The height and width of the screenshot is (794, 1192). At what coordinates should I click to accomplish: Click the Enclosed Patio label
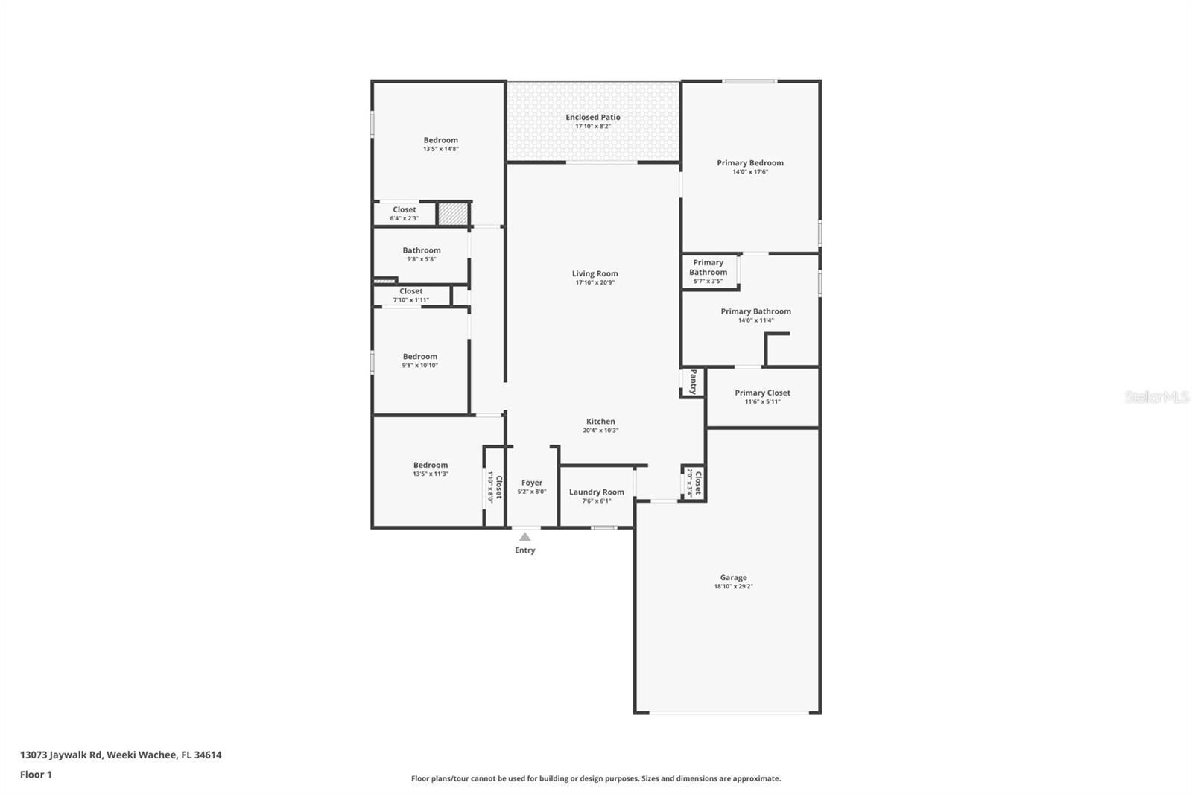click(x=592, y=118)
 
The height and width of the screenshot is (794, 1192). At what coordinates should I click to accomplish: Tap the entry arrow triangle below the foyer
click(x=525, y=537)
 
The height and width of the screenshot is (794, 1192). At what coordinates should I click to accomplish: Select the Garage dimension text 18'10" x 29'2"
click(x=733, y=587)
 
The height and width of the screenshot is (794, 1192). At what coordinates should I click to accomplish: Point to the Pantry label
click(x=693, y=381)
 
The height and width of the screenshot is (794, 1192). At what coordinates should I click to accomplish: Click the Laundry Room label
click(x=596, y=492)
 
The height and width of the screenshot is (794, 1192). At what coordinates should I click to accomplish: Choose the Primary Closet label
click(x=762, y=393)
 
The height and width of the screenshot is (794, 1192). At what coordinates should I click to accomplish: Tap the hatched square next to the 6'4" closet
click(x=452, y=214)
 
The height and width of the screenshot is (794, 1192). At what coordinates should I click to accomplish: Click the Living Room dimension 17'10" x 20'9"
click(x=595, y=283)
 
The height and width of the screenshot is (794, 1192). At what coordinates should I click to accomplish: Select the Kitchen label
click(x=600, y=422)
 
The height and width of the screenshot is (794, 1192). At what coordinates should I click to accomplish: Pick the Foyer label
click(x=532, y=483)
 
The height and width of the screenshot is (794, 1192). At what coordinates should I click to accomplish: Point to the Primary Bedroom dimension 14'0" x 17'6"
click(x=750, y=172)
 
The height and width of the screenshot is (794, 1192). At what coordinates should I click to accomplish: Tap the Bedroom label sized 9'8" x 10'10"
click(x=420, y=357)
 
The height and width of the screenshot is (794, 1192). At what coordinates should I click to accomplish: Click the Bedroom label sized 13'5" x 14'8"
click(x=441, y=140)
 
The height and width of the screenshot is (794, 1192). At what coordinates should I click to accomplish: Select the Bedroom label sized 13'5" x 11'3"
click(x=431, y=466)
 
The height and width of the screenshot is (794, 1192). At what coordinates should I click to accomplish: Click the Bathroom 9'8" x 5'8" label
click(x=422, y=251)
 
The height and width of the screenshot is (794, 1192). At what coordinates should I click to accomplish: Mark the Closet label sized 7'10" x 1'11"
click(x=410, y=291)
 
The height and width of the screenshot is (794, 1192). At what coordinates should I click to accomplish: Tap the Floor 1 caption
click(x=36, y=775)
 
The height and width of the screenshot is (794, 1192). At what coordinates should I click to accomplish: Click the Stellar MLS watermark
click(x=1156, y=397)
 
